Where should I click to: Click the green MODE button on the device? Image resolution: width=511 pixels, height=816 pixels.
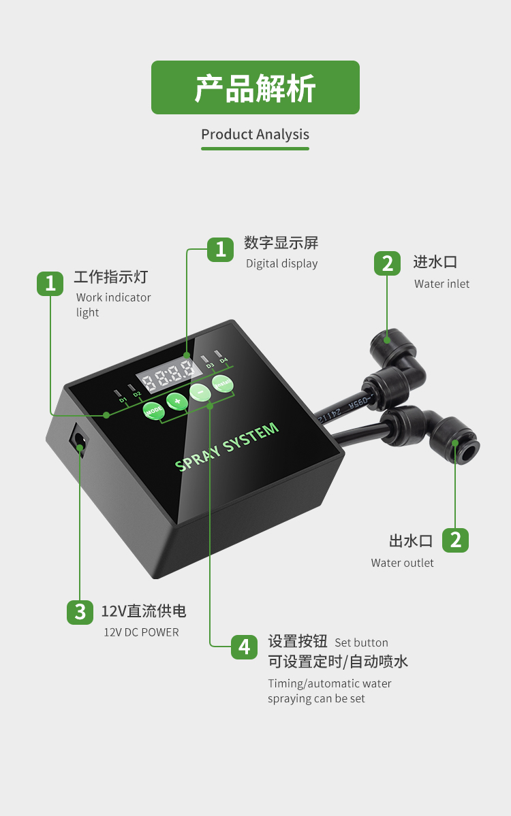click(x=153, y=410)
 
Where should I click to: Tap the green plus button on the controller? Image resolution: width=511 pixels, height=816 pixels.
click(x=177, y=401)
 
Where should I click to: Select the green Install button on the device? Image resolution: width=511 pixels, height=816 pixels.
click(x=222, y=384)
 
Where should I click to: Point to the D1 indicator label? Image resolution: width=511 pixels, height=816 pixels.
click(x=123, y=399)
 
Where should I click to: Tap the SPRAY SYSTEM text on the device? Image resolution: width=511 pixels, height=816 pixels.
click(x=227, y=446)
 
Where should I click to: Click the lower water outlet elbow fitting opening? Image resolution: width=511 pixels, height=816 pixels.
click(x=455, y=444)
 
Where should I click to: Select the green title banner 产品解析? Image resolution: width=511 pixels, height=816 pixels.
click(x=255, y=88)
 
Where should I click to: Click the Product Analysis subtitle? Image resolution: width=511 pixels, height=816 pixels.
click(x=255, y=135)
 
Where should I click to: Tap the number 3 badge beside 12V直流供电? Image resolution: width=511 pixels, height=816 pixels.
click(x=80, y=611)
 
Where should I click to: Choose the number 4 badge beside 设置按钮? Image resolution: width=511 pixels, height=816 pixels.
click(x=244, y=646)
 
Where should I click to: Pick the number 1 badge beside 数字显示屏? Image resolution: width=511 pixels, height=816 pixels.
click(x=220, y=249)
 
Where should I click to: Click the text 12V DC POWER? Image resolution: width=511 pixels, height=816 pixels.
click(x=141, y=632)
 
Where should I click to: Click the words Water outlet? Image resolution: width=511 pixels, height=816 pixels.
click(x=402, y=563)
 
